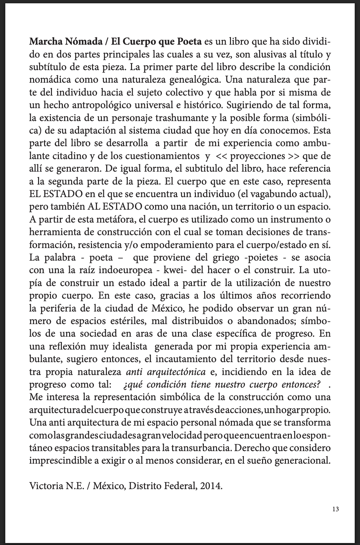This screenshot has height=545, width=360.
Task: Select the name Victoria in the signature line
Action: (45, 486)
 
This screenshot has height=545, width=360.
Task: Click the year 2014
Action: (211, 486)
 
